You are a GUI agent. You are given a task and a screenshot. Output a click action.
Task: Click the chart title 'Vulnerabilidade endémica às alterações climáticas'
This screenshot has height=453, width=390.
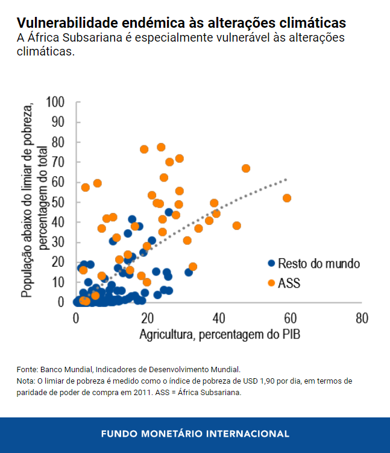pyautogui.click(x=181, y=23)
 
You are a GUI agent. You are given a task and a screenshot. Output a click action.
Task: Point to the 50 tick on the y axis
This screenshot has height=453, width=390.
pyautogui.click(x=58, y=201)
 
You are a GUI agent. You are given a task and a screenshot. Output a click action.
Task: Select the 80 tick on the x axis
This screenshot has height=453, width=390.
pyautogui.click(x=362, y=318)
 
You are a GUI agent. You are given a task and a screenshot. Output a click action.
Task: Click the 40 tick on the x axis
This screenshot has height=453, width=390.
pyautogui.click(x=218, y=318)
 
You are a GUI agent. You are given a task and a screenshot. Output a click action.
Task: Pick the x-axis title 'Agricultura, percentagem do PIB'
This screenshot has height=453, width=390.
pyautogui.click(x=219, y=334)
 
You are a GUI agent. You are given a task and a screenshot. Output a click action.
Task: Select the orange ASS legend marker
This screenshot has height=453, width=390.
pyautogui.click(x=271, y=282)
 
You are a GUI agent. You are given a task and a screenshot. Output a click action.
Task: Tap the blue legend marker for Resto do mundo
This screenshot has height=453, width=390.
pyautogui.click(x=271, y=264)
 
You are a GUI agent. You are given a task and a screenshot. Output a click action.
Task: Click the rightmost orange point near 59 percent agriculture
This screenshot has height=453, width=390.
pyautogui.click(x=287, y=198)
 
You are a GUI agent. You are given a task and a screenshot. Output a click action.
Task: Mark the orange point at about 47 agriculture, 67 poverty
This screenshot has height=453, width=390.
pyautogui.click(x=246, y=168)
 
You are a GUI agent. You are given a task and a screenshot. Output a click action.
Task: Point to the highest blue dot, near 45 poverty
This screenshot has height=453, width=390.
pyautogui.click(x=169, y=212)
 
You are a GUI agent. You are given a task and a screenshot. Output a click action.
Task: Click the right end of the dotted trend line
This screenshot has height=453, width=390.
pyautogui.click(x=286, y=179)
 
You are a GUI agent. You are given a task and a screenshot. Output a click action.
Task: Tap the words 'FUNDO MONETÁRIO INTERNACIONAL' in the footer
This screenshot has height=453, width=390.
pyautogui.click(x=195, y=434)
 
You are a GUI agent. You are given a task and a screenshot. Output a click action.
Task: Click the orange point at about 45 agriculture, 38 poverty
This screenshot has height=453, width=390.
pyautogui.click(x=236, y=226)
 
